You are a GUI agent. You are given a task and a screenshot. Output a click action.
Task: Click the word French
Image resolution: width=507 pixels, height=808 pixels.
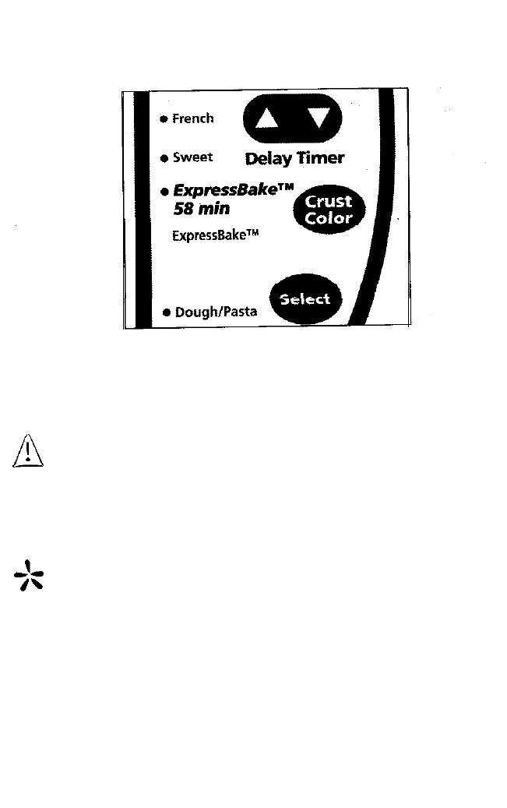[192, 119]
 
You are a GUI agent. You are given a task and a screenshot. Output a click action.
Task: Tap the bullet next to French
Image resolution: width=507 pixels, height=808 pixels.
[164, 119]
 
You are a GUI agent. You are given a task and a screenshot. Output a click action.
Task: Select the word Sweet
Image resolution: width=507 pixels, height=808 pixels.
[192, 157]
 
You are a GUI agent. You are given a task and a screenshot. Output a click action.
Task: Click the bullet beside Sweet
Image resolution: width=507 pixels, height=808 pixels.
[164, 158]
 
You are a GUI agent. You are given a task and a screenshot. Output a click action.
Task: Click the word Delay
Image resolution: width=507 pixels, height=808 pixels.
[269, 159]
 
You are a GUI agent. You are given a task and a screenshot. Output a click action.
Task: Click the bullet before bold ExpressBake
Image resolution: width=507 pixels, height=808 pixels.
[164, 191]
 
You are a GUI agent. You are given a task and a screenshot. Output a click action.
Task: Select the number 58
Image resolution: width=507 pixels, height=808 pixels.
[182, 210]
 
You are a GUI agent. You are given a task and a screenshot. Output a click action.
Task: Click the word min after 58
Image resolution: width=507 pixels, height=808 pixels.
[212, 210]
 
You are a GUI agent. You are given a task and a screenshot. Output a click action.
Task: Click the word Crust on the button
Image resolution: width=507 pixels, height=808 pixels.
[329, 201]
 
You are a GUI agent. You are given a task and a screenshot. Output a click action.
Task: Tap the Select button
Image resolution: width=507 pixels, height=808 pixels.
[305, 299]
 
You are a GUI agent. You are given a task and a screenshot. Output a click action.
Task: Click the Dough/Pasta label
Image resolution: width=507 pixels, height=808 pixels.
[216, 312]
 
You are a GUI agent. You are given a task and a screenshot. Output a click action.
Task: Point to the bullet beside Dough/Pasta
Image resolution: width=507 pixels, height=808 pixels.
[166, 312]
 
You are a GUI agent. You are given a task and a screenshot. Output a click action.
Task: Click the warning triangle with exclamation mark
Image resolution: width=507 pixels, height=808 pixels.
[27, 452]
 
